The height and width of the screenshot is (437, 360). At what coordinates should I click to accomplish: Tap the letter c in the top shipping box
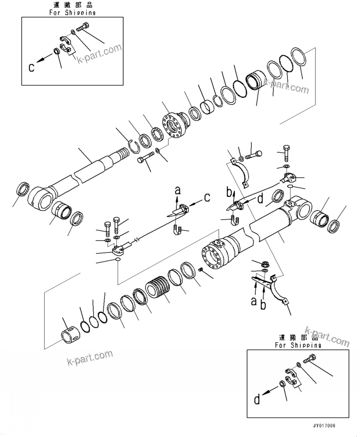point(31,68)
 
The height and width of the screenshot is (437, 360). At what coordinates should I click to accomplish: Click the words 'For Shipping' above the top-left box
point(72,13)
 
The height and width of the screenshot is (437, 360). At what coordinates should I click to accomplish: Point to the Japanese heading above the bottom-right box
point(298,338)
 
